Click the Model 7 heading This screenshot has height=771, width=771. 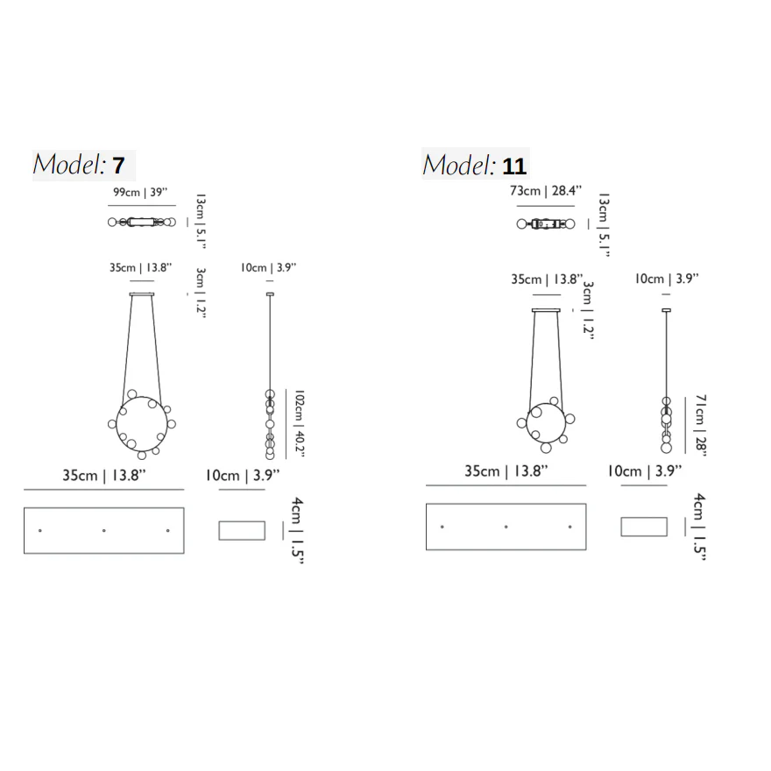[79, 165]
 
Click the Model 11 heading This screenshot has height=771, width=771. [475, 165]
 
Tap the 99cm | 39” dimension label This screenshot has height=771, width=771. [140, 192]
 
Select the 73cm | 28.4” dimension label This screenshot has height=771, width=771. [545, 190]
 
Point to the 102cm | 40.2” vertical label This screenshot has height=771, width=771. [299, 423]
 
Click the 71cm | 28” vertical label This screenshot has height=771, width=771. [700, 425]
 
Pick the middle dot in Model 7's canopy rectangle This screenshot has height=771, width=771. [103, 531]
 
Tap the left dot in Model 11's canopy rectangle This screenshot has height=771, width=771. [442, 527]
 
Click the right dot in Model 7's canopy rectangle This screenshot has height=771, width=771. [167, 531]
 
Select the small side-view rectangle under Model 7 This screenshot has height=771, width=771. [242, 531]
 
